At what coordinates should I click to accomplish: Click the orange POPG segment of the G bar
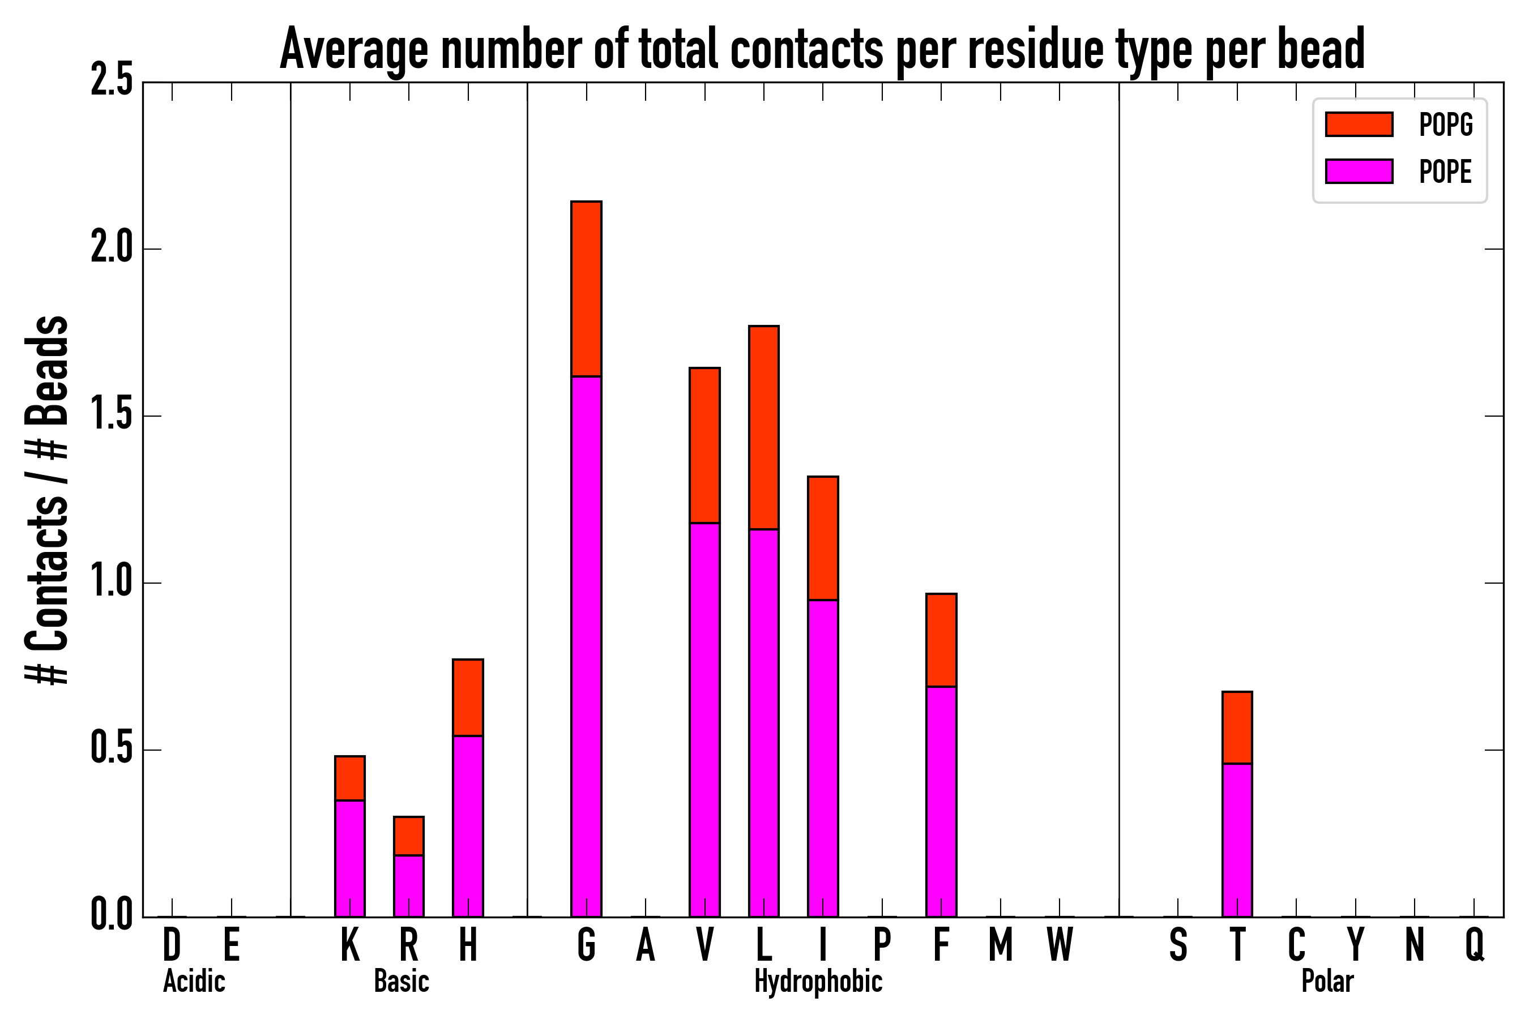(x=586, y=289)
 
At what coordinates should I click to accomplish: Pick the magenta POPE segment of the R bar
(x=408, y=885)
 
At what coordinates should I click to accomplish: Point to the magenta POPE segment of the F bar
(x=941, y=801)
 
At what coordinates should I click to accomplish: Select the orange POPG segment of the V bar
(x=704, y=445)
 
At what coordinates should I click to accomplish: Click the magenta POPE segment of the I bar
(x=822, y=758)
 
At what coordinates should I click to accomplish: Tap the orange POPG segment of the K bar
(x=350, y=778)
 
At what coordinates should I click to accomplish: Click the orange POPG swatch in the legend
(x=1359, y=124)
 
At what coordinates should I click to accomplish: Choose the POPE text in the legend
(x=1445, y=172)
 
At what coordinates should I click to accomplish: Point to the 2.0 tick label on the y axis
(x=111, y=249)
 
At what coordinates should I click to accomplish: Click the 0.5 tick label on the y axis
(x=111, y=750)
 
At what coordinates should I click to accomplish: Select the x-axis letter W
(x=1059, y=944)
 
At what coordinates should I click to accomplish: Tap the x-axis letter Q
(x=1475, y=944)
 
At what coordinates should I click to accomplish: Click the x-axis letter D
(x=172, y=944)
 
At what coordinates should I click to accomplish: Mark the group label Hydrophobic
(x=818, y=981)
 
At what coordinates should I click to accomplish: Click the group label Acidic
(x=194, y=981)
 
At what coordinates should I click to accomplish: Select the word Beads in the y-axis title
(x=47, y=370)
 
